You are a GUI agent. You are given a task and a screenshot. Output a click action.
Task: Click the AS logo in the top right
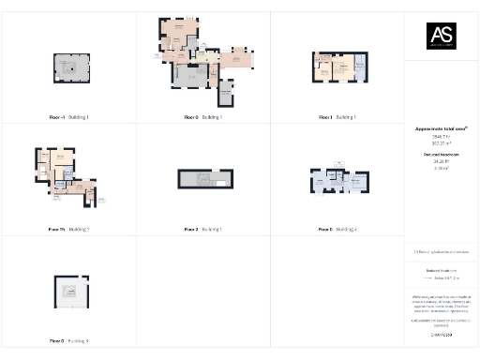coord(442,37)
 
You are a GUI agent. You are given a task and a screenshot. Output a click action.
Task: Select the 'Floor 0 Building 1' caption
coord(202,117)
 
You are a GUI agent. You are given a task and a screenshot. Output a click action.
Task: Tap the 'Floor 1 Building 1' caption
coord(337,117)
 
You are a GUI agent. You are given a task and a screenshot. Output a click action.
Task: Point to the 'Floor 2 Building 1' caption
coord(202,229)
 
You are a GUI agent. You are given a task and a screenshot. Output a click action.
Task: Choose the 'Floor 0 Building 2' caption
coord(337,229)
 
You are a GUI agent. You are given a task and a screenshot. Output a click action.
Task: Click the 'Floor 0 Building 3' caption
coord(68,340)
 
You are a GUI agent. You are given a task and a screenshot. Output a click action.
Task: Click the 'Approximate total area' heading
coord(441,127)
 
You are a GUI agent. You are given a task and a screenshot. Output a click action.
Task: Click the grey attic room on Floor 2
coord(198,179)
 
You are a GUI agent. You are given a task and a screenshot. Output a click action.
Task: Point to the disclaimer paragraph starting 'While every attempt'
coord(441,304)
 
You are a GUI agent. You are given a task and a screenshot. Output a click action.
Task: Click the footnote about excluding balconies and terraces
coord(441,252)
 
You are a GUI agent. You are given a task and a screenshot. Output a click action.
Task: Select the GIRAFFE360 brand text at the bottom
coord(441,335)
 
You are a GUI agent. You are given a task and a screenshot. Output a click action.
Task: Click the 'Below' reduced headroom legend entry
coord(441,277)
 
